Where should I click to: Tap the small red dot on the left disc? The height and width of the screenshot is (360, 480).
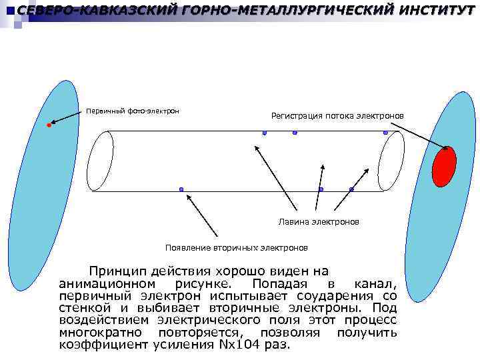click(x=49, y=125)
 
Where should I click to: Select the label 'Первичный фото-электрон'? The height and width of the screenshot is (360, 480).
click(x=132, y=110)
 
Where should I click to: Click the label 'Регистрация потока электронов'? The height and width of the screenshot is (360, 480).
click(x=337, y=116)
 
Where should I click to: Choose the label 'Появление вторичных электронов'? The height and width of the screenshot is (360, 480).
click(x=237, y=247)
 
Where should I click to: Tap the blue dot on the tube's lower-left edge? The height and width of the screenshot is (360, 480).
click(x=181, y=191)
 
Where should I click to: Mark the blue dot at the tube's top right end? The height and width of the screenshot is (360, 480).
click(x=385, y=133)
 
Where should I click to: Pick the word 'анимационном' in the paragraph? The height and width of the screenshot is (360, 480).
click(x=103, y=284)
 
